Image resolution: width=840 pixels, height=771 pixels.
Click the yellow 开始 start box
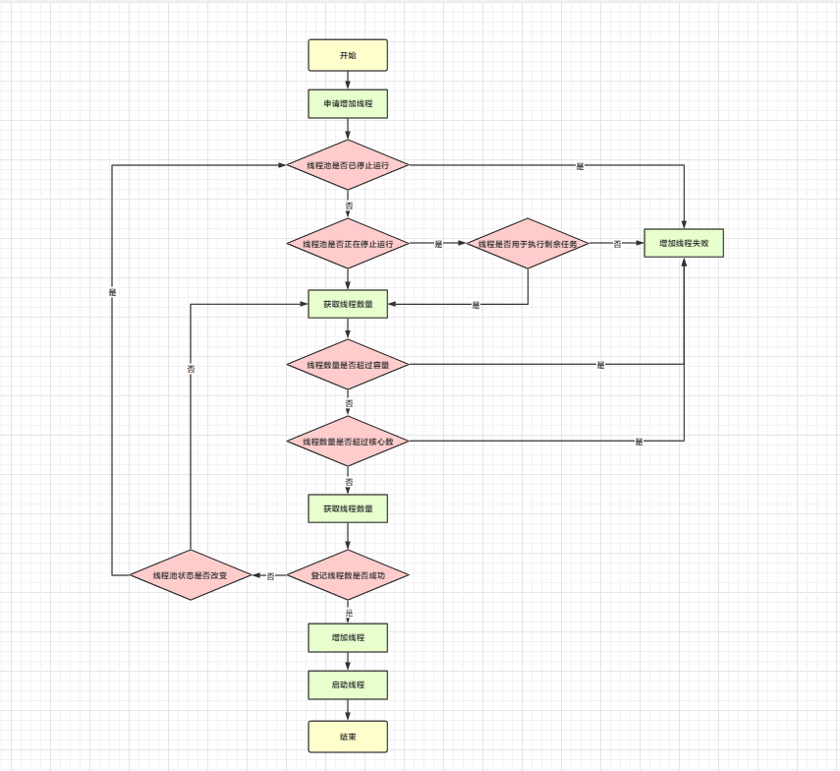coord(348,55)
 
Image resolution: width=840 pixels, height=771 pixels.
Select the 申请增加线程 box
coord(348,104)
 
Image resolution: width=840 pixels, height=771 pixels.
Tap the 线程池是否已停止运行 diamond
coord(348,166)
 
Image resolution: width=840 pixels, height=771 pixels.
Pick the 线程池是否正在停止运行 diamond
coord(348,243)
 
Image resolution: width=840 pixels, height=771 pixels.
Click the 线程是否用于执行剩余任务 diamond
coord(528,243)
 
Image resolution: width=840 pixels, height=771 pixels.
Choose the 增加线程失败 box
coord(684,243)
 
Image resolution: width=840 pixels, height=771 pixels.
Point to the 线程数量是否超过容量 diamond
coord(348,365)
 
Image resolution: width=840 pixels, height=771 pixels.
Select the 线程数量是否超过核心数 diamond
coord(348,442)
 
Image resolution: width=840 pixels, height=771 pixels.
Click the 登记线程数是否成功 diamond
coord(348,574)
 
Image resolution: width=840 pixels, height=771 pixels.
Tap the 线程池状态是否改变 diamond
coord(191,574)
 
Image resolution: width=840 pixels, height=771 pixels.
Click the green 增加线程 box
coord(348,637)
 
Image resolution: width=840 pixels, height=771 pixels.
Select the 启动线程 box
coord(348,684)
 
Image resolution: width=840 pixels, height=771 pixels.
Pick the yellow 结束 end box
coord(348,736)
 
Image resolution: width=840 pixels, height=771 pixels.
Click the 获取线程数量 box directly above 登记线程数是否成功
coord(348,508)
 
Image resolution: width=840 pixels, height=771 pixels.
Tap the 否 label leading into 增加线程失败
coord(617,243)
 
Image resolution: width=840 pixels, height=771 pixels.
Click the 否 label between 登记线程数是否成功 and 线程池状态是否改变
coord(270,574)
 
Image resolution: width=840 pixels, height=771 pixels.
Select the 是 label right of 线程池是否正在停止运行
coord(438,243)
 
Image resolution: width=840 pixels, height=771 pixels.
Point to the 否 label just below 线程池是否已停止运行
coord(348,206)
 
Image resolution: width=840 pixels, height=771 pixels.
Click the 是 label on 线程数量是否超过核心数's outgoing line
coord(639,442)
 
